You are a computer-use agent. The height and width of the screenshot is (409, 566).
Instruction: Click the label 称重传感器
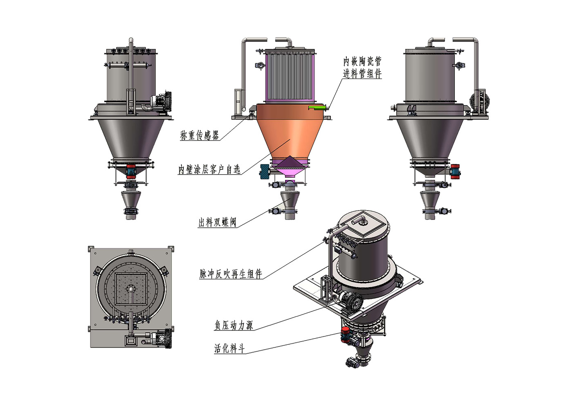pyautogui.click(x=199, y=135)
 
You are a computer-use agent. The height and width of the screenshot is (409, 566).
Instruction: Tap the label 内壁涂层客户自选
pyautogui.click(x=209, y=169)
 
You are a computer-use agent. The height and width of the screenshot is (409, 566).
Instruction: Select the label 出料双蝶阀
pyautogui.click(x=217, y=222)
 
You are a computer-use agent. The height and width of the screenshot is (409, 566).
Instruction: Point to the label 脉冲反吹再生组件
pyautogui.click(x=231, y=274)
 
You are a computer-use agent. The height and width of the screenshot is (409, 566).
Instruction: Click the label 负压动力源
pyautogui.click(x=234, y=325)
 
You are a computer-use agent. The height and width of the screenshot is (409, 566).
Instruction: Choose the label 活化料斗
pyautogui.click(x=229, y=348)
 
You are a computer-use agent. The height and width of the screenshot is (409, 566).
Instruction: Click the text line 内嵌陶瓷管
pyautogui.click(x=362, y=61)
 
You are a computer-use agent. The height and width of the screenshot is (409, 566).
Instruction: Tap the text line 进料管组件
pyautogui.click(x=362, y=74)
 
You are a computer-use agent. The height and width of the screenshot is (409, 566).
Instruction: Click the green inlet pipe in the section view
pyautogui.click(x=317, y=108)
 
